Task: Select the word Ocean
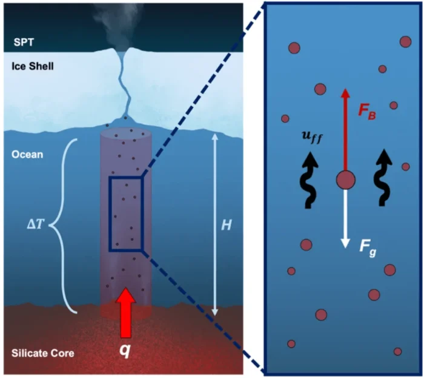pyautogui.click(x=27, y=155)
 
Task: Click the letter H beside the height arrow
pyautogui.click(x=225, y=225)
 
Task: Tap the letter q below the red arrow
pyautogui.click(x=126, y=351)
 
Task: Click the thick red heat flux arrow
pyautogui.click(x=126, y=312)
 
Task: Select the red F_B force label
pyautogui.click(x=368, y=111)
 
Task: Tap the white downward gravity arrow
pyautogui.click(x=345, y=218)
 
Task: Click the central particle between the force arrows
pyautogui.click(x=345, y=180)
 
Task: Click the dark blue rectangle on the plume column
pyautogui.click(x=125, y=214)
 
